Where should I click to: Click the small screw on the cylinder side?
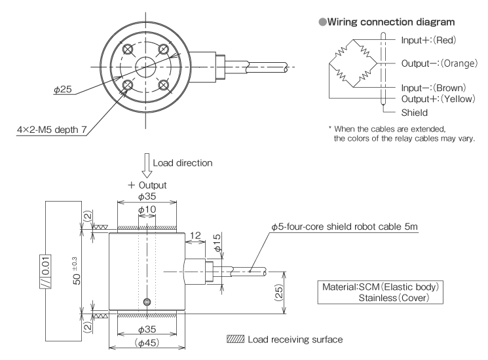[x=146, y=302]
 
